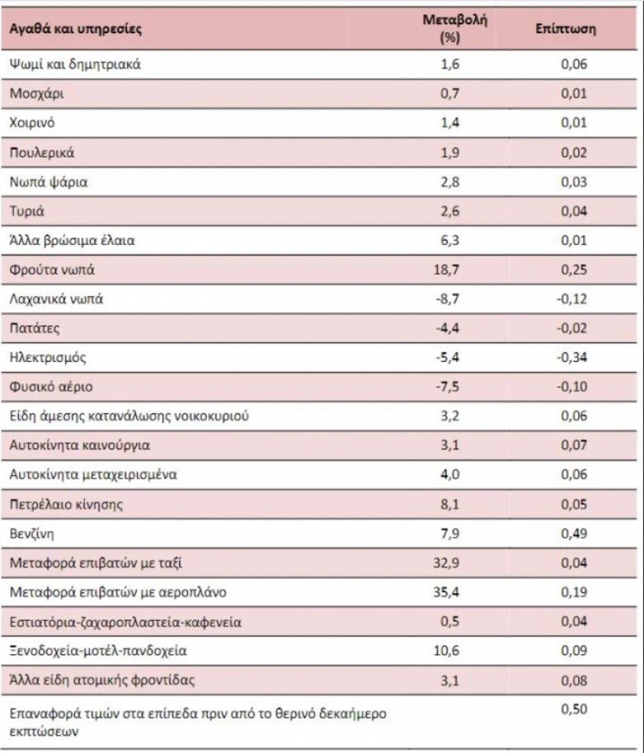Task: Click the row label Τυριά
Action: tap(25, 211)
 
